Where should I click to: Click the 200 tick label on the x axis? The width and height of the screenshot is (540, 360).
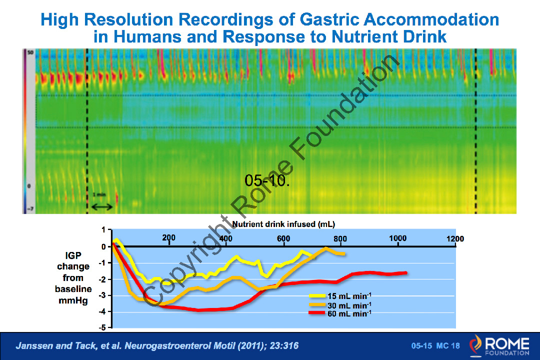(x=169, y=238)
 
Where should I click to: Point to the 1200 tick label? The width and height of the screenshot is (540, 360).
(x=455, y=239)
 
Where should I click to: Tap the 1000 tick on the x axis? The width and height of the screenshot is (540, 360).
(x=397, y=238)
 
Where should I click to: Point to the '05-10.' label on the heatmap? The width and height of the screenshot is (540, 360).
(x=267, y=180)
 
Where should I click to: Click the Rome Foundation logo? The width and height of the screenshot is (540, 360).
(x=498, y=345)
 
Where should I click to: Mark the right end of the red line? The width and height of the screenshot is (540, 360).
(x=405, y=273)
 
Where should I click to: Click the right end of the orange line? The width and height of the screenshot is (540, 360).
(x=344, y=254)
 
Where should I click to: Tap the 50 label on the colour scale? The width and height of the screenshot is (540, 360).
(x=29, y=52)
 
